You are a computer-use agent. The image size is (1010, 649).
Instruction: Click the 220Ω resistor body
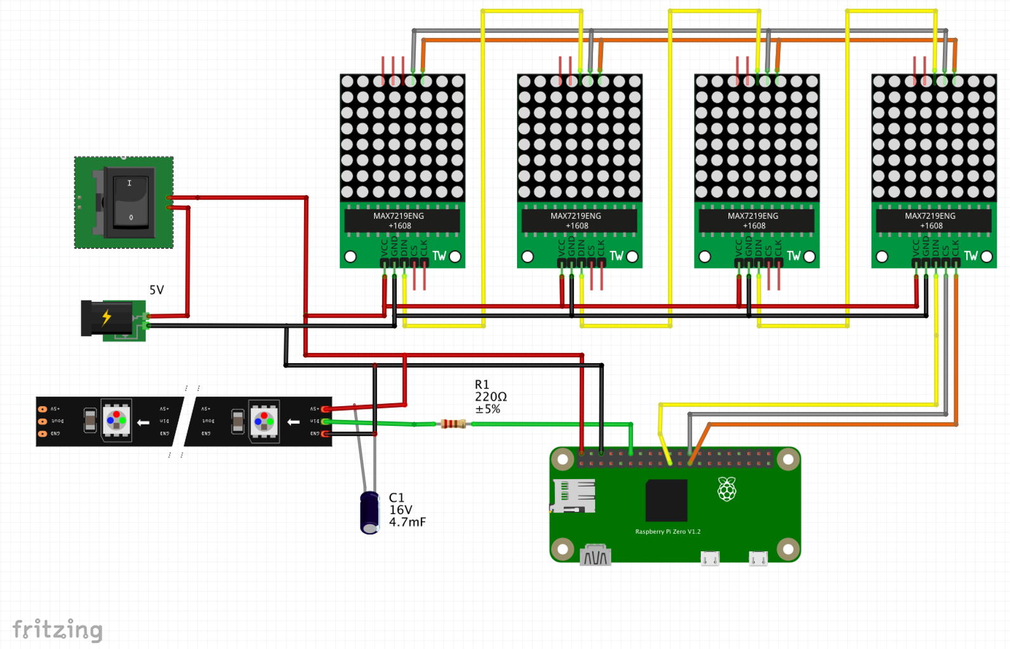click(454, 423)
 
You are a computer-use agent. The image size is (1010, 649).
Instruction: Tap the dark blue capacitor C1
click(370, 512)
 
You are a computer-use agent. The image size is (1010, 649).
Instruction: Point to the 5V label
click(157, 290)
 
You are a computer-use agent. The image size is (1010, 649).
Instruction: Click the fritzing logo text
click(58, 629)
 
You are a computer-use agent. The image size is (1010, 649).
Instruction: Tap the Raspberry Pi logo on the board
click(727, 489)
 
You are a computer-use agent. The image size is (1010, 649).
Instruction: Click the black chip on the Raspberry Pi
click(666, 500)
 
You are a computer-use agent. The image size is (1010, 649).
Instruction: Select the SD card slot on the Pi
click(573, 496)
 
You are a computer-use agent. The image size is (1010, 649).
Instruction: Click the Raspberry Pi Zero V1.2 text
click(668, 532)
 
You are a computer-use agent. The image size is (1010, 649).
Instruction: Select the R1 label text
click(482, 384)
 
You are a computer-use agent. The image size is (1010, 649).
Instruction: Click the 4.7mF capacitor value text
click(407, 522)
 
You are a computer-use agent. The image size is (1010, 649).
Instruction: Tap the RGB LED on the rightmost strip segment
click(264, 420)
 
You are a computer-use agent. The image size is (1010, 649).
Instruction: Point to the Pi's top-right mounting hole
click(788, 459)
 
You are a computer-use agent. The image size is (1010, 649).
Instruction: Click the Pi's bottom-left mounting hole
click(563, 549)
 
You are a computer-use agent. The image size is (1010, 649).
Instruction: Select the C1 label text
click(397, 498)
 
